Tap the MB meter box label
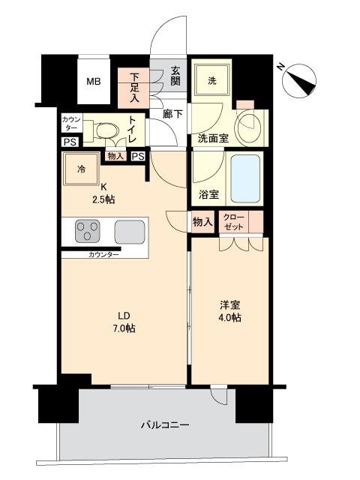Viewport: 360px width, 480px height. [94, 82]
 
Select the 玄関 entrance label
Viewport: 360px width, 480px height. [175, 76]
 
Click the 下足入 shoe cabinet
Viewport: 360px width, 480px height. [134, 87]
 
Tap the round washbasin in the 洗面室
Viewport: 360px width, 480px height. [247, 127]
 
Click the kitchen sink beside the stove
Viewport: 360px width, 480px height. [129, 232]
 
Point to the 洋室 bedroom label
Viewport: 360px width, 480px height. [229, 304]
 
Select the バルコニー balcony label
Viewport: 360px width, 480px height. [165, 425]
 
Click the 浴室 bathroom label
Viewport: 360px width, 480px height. [208, 195]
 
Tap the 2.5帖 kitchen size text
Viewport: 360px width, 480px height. [103, 199]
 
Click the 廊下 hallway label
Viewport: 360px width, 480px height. [173, 114]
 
